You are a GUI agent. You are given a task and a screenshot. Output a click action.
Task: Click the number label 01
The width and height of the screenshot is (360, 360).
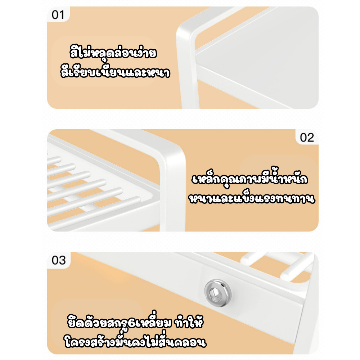click(x=58, y=15)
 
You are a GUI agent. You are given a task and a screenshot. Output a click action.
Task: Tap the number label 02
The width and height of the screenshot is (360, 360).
click(x=307, y=137)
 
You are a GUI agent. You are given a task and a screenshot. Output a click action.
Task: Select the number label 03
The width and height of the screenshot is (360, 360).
click(x=59, y=260)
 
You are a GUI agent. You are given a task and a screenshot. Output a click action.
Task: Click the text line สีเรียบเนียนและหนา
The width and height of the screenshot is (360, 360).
click(x=115, y=73)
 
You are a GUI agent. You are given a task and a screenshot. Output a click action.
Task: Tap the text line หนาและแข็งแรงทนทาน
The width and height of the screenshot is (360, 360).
click(x=252, y=198)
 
